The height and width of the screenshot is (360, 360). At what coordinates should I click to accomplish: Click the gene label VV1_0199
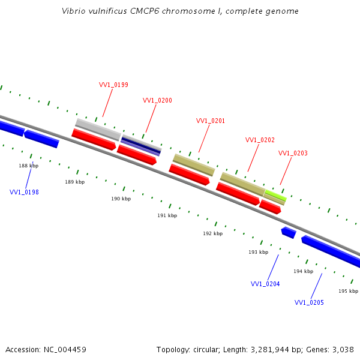point(113,85)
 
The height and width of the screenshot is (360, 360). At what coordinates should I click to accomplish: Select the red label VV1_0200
point(157,100)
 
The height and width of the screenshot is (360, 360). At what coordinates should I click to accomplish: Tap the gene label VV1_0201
point(211,121)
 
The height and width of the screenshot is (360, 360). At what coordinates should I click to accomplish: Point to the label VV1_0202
point(260,140)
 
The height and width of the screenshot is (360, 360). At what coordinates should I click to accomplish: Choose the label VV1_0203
point(293,153)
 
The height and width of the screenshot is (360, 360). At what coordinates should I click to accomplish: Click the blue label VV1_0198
point(24,192)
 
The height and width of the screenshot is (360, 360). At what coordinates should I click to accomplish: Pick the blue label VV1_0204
point(265,284)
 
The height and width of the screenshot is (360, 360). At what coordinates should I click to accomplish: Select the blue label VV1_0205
point(309,302)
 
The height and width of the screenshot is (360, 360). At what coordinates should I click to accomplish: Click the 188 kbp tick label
point(28,166)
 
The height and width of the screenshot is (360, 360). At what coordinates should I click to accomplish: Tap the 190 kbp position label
point(121,199)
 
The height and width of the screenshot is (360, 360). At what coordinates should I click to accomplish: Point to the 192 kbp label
point(212,233)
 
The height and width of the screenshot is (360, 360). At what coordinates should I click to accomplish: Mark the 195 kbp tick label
point(348,291)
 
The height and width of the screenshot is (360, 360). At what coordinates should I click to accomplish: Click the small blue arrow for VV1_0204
point(289,232)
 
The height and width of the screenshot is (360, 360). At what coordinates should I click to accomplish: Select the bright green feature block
point(275,195)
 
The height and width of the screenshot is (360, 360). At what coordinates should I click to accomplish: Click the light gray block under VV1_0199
point(98,129)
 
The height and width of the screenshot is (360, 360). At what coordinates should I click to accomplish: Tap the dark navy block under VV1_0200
point(141,144)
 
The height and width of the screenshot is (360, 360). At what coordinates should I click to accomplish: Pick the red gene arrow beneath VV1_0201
point(189,175)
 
